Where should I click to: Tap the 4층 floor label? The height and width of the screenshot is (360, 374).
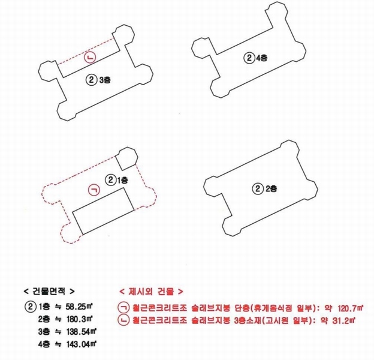(x=262, y=58)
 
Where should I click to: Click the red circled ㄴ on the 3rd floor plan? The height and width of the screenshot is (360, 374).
(x=89, y=58)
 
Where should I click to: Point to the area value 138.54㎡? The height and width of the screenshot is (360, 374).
(x=80, y=332)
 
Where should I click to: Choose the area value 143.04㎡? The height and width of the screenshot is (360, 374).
(x=80, y=344)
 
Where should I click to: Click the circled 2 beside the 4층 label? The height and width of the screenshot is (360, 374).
(x=249, y=58)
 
